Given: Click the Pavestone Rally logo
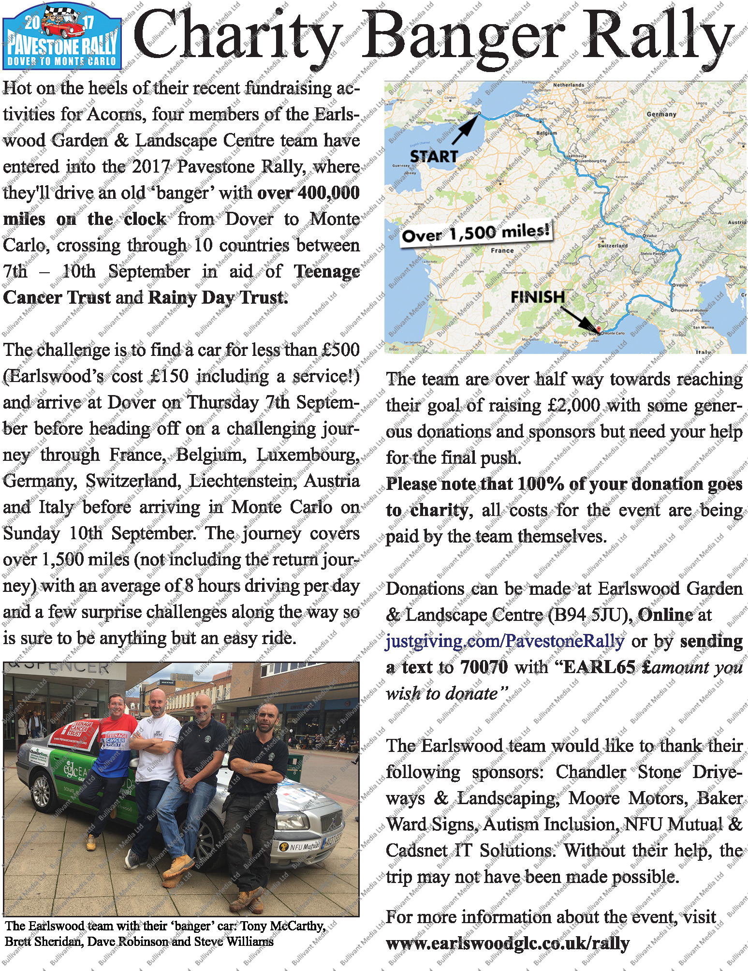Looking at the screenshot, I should coord(62,36).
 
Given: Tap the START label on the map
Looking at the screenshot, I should coord(433,156).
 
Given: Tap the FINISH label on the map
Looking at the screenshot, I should coord(538,296).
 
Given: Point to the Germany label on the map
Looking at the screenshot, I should coord(661,114).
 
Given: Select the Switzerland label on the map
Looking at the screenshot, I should coord(613,245).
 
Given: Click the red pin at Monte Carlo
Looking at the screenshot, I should coord(599,330).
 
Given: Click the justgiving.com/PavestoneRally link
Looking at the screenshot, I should coord(505,641).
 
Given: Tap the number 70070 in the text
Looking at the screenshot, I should coord(484,667).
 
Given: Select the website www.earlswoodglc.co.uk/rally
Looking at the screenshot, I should coord(508,943).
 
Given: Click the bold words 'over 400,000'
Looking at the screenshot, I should coord(308,193).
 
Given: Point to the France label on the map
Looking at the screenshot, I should coord(502,250).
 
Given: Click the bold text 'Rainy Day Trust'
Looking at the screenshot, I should coord(218,297).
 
